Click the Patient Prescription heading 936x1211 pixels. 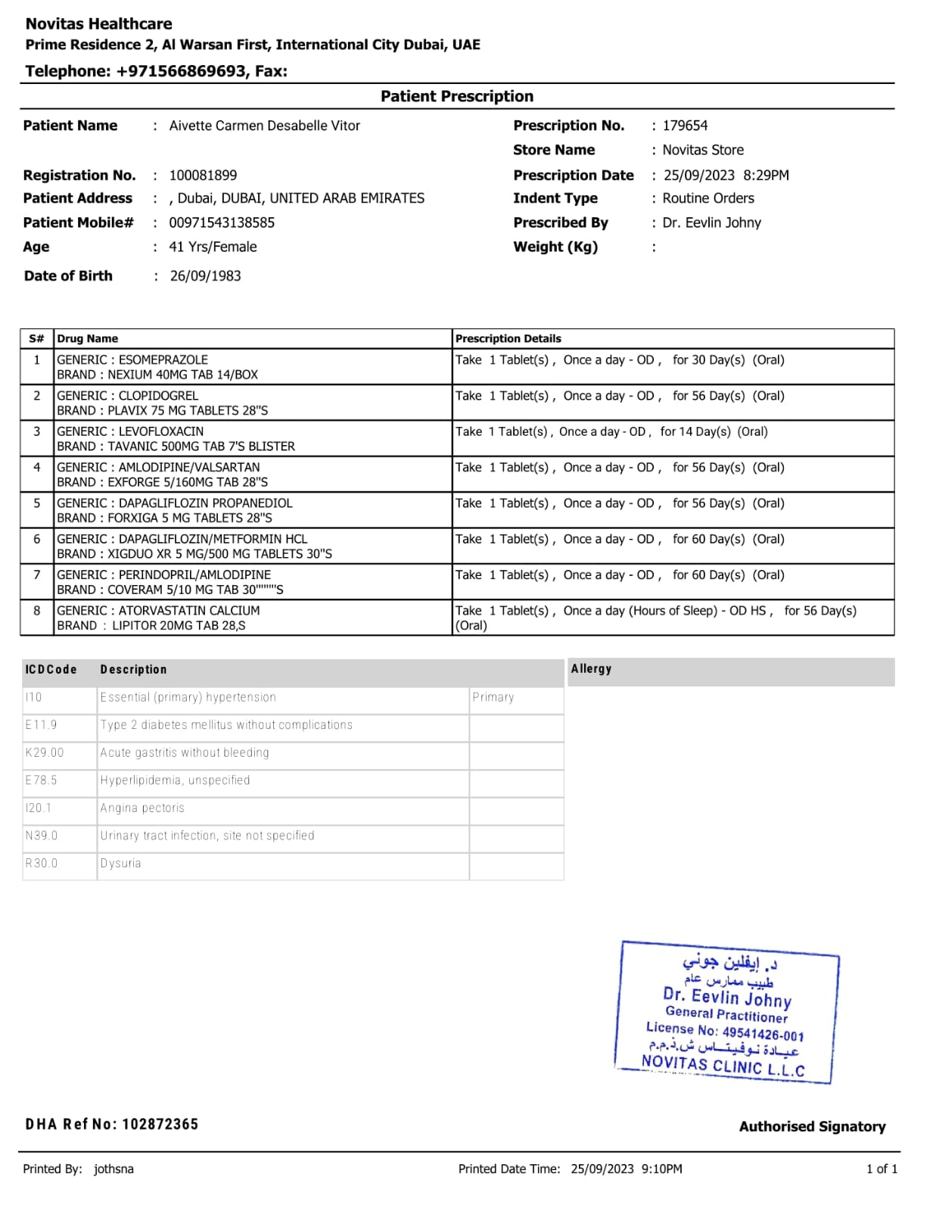(x=456, y=96)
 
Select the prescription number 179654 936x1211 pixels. (x=685, y=126)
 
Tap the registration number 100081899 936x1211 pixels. (x=203, y=176)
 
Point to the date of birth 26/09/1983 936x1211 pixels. (x=205, y=276)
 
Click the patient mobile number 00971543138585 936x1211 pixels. (x=222, y=223)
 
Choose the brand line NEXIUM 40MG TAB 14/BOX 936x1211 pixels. (x=157, y=375)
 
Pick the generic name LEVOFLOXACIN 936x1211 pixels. (x=161, y=431)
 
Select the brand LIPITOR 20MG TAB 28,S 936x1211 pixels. (x=151, y=626)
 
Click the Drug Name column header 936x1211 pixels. (x=88, y=339)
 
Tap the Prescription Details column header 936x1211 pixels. (x=508, y=339)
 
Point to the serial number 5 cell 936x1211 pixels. (x=37, y=503)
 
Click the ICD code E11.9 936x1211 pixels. (x=41, y=725)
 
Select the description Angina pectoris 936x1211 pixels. (x=142, y=808)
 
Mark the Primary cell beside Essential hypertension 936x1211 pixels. (x=493, y=697)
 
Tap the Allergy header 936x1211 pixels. (x=591, y=669)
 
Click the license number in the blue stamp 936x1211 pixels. (x=763, y=1034)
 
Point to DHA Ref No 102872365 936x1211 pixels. (x=112, y=1124)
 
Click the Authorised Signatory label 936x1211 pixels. (x=812, y=1127)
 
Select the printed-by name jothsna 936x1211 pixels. (x=114, y=1169)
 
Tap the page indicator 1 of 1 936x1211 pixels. (x=882, y=1169)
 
